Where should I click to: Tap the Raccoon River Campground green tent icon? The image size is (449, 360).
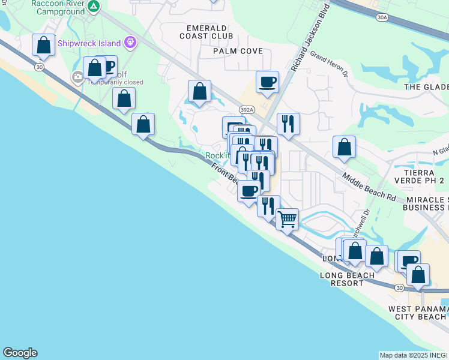[x=94, y=7]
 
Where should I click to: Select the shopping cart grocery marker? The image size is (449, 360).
[x=288, y=219]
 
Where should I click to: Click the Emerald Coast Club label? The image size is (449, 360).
[x=206, y=32]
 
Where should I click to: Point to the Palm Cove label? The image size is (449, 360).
[x=238, y=51]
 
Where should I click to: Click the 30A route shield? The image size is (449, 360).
[x=382, y=19]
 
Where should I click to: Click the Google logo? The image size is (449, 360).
[x=20, y=353]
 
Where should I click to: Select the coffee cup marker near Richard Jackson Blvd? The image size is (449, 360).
[x=267, y=82]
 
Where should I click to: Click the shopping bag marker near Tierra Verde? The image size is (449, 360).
[x=344, y=147]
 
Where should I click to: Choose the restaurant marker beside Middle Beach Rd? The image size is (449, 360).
[x=288, y=124]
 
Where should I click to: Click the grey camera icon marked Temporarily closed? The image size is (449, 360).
[x=77, y=77]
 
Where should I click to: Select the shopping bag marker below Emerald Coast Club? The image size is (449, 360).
[x=199, y=91]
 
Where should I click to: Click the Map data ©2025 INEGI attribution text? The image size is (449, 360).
[x=414, y=355]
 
